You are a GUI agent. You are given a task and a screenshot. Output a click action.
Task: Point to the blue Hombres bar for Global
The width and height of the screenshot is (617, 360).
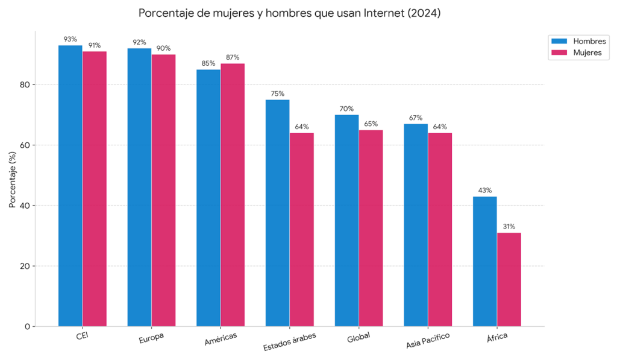(346, 220)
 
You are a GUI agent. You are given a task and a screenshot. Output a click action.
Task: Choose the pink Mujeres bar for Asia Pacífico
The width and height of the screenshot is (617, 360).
(440, 229)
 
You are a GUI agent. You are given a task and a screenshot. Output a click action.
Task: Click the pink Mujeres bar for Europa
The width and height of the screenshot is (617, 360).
(163, 190)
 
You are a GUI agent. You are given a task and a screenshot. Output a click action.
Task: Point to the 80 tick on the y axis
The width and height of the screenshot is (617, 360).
(25, 85)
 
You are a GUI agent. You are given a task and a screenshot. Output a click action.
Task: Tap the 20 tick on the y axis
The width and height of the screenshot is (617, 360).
(25, 266)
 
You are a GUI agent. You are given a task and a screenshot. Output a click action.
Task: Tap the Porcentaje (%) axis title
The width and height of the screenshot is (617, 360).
(12, 179)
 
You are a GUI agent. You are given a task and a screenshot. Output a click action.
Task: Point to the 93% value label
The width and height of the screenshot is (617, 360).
(70, 39)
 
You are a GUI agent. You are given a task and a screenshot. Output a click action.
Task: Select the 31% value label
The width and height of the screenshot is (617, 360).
(509, 227)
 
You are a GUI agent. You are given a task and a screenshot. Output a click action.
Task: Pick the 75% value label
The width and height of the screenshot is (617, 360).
(277, 93)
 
